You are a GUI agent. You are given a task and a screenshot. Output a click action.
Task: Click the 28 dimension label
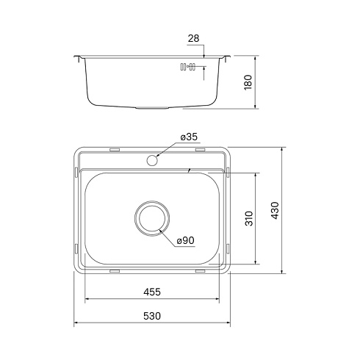[193, 38]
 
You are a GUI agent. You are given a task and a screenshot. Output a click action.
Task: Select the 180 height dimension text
[248, 82]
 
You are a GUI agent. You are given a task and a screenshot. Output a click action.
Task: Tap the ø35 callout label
[189, 137]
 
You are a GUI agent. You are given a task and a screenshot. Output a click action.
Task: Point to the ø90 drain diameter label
[186, 240]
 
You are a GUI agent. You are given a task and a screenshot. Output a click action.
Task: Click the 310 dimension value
[249, 218]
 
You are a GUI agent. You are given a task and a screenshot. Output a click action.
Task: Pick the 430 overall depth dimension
[275, 211]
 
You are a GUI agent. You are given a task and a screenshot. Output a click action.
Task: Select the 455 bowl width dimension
[152, 292]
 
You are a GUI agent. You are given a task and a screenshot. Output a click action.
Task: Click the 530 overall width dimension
[152, 316]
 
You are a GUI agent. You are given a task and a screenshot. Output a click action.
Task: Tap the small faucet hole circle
[152, 160]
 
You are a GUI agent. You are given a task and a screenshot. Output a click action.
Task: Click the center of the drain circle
[152, 218]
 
